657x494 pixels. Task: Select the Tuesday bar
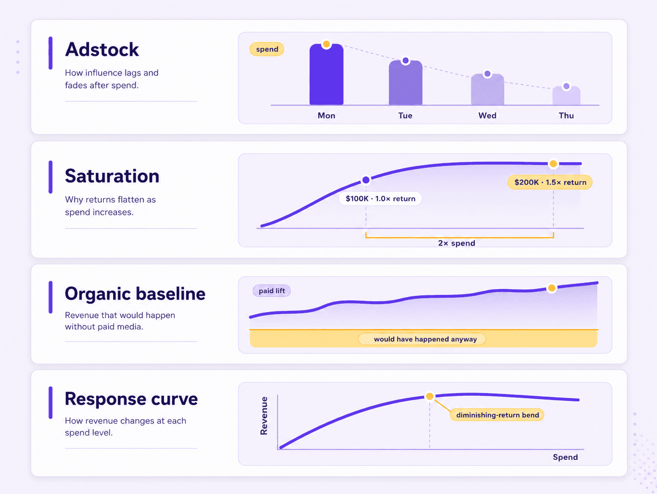point(405,83)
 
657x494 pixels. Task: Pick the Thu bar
point(566,95)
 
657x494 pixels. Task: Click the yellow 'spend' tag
point(267,49)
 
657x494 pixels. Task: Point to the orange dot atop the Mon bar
point(326,45)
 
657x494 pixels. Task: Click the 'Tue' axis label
point(405,115)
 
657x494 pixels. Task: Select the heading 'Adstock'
point(102,50)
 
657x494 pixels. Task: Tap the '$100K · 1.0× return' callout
point(380,199)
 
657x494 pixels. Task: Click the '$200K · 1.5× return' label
point(550,182)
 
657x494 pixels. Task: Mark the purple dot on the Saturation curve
point(366,180)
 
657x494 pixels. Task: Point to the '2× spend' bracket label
point(456,243)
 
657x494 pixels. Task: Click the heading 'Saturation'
point(112,176)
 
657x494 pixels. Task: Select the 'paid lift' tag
point(272,290)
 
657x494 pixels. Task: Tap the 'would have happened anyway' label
point(425,339)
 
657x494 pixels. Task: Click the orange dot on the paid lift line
point(552,288)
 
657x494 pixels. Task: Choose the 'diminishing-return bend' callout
point(498,415)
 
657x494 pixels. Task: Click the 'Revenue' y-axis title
point(264,416)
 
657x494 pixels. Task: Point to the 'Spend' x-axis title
point(565,457)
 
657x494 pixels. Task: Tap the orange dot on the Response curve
point(430,397)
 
